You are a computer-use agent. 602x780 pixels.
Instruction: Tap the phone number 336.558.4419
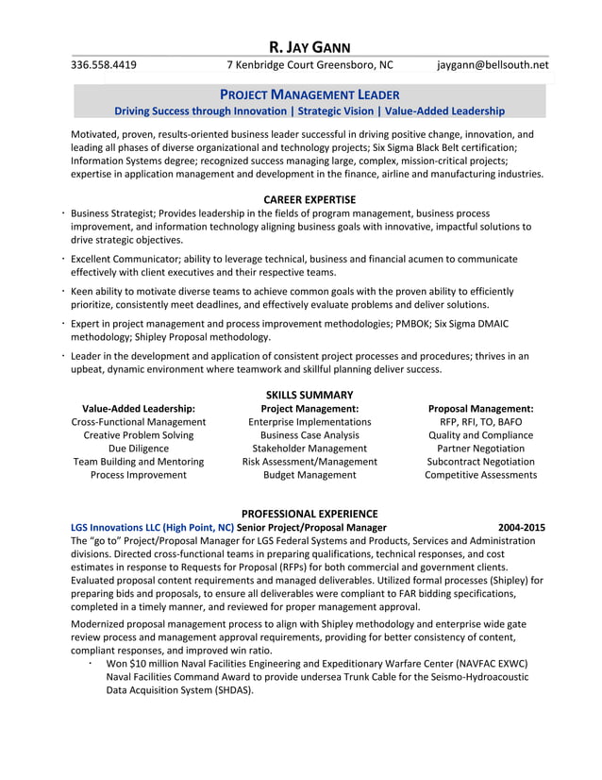(104, 65)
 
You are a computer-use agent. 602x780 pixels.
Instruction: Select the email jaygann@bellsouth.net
(492, 65)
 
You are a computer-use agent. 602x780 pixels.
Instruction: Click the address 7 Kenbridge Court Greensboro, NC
(309, 65)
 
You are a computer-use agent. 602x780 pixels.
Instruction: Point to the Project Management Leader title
(309, 94)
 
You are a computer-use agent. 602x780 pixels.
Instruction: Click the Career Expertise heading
(309, 199)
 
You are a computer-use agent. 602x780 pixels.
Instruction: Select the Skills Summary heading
(309, 395)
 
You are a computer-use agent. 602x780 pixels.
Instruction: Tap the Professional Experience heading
(309, 514)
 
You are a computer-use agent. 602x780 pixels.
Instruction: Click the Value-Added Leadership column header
(139, 409)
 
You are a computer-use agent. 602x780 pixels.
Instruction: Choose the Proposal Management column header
(480, 409)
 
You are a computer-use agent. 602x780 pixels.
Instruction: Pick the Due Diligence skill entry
(139, 449)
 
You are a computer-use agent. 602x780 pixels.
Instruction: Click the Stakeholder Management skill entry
(309, 449)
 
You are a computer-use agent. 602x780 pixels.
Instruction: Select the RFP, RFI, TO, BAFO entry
(480, 422)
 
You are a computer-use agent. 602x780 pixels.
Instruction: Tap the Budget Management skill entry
(309, 475)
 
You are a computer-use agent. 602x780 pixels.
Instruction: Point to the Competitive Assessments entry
(480, 475)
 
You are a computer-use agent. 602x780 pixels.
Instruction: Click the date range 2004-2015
(522, 527)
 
